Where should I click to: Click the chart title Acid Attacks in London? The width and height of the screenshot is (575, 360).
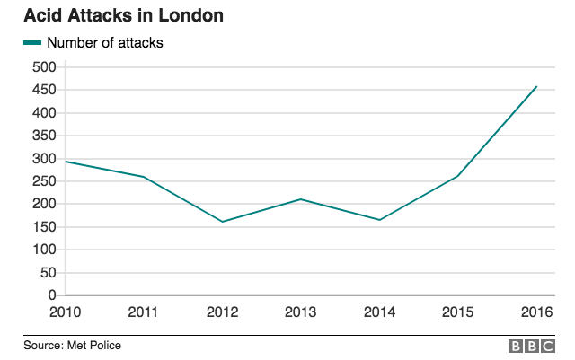[x=125, y=16]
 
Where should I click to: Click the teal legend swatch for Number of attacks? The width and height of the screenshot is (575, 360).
[x=32, y=42]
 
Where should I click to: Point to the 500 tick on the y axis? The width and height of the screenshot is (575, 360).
[x=44, y=67]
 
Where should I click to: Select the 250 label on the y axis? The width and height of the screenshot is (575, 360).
[x=44, y=181]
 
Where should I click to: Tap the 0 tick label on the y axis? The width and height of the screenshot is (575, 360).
[x=52, y=295]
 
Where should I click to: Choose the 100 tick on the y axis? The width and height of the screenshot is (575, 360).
[x=44, y=250]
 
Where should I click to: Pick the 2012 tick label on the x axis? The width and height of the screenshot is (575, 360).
[x=222, y=312]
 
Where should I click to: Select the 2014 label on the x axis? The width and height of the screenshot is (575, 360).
[x=379, y=312]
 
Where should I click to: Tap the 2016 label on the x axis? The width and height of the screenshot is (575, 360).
[x=535, y=312]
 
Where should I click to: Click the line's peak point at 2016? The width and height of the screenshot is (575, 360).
[x=536, y=87]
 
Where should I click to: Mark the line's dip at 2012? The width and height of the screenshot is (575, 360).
[x=222, y=222]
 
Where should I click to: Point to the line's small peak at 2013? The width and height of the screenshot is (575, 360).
[x=301, y=199]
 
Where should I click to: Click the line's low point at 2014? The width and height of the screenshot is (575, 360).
[x=379, y=220]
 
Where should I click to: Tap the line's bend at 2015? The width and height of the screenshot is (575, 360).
[x=457, y=176]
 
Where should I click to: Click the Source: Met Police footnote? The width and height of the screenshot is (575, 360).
[x=73, y=346]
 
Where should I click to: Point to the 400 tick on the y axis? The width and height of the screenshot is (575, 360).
[x=44, y=113]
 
